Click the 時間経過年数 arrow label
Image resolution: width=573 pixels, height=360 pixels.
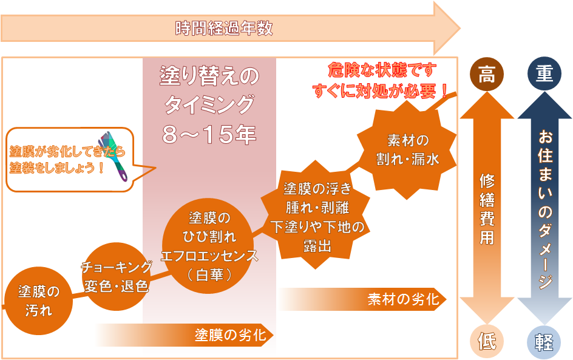click(x=224, y=28)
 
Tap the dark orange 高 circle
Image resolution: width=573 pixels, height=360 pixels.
click(x=486, y=74)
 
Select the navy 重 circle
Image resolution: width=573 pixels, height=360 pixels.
click(x=544, y=74)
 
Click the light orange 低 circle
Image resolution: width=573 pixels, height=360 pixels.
click(x=487, y=341)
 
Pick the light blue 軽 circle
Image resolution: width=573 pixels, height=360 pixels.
click(x=544, y=342)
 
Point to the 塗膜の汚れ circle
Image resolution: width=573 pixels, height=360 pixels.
click(x=38, y=301)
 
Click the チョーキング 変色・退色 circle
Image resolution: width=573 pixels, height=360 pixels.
click(x=116, y=277)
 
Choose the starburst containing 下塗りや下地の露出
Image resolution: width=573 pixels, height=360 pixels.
click(x=316, y=215)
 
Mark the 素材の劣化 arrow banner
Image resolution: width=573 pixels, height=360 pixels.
click(x=362, y=299)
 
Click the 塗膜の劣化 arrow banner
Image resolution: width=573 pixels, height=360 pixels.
click(x=184, y=335)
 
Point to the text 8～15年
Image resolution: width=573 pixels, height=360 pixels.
click(x=209, y=134)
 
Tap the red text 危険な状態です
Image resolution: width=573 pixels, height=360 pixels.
click(x=382, y=70)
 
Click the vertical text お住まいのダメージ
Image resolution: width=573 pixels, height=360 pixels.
click(x=545, y=208)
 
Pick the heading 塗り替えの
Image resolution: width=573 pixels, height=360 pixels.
click(x=209, y=76)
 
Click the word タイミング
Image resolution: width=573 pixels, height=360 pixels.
click(x=209, y=105)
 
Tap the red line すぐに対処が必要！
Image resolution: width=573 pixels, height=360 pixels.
click(x=381, y=90)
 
